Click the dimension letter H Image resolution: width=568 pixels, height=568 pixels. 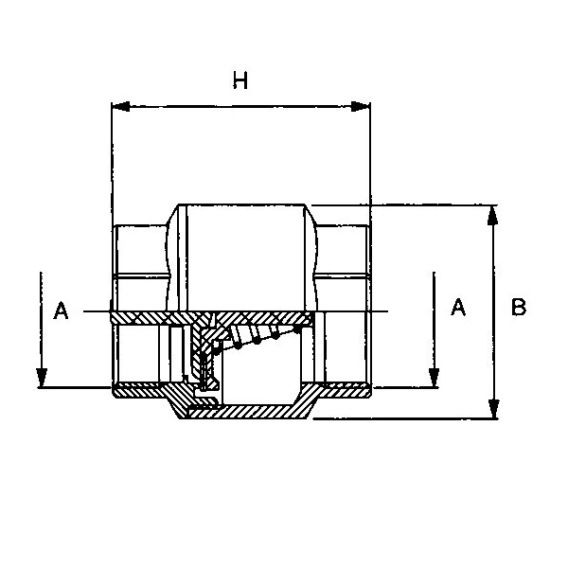[240, 80]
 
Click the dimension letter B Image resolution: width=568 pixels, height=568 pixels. [519, 307]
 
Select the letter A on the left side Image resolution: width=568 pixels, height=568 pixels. [61, 311]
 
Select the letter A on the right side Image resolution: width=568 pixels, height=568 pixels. [458, 307]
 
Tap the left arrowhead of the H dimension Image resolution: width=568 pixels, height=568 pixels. [120, 106]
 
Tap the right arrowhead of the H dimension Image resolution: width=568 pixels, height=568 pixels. [361, 106]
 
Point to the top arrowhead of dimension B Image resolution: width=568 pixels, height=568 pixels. [492, 215]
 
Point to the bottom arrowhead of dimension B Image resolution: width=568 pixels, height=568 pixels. [493, 409]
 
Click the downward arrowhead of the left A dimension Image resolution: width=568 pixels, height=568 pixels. [42, 378]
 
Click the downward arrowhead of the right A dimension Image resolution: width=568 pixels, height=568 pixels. [434, 378]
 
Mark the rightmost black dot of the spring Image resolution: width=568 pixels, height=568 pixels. [296, 329]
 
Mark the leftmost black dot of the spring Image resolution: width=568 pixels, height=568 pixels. [216, 350]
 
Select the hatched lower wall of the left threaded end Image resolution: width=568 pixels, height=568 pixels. [137, 392]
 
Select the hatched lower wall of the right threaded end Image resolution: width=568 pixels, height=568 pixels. [345, 392]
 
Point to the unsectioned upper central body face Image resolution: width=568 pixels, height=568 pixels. [245, 257]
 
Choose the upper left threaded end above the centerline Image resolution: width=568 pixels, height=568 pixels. [141, 268]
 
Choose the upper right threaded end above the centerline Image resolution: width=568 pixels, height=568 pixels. [343, 268]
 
